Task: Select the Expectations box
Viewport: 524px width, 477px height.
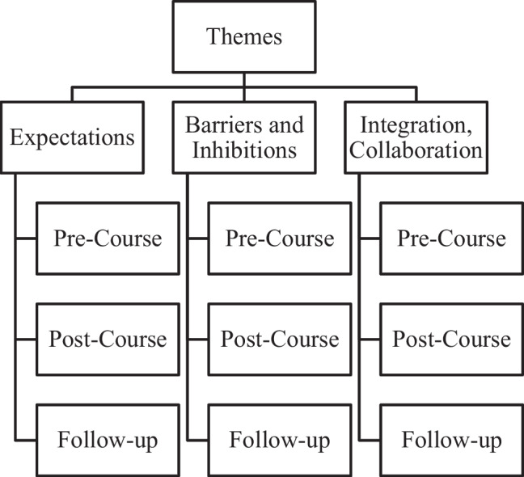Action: coord(72,137)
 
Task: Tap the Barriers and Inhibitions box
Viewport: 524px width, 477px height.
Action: coord(244,137)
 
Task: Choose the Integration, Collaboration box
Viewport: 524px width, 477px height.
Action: coord(417,137)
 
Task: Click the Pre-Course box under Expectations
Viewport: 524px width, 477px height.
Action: coord(108,238)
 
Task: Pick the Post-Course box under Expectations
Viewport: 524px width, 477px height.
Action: coord(108,339)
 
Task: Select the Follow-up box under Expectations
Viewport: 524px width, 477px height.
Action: coord(108,440)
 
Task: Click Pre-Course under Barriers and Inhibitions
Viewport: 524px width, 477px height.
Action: coord(280,238)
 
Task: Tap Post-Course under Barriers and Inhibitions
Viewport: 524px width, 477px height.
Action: coord(280,339)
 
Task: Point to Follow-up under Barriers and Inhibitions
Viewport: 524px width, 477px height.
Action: coord(280,440)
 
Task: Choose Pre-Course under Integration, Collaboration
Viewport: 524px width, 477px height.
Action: coord(452,238)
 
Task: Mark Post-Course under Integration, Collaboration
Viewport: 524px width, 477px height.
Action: coord(452,339)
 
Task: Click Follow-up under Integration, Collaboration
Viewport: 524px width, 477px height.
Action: coord(452,440)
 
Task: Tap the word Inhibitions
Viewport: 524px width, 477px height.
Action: coord(245,150)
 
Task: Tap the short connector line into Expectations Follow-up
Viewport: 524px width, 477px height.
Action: coord(25,441)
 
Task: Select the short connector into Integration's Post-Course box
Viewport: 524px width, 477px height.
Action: coord(370,340)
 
